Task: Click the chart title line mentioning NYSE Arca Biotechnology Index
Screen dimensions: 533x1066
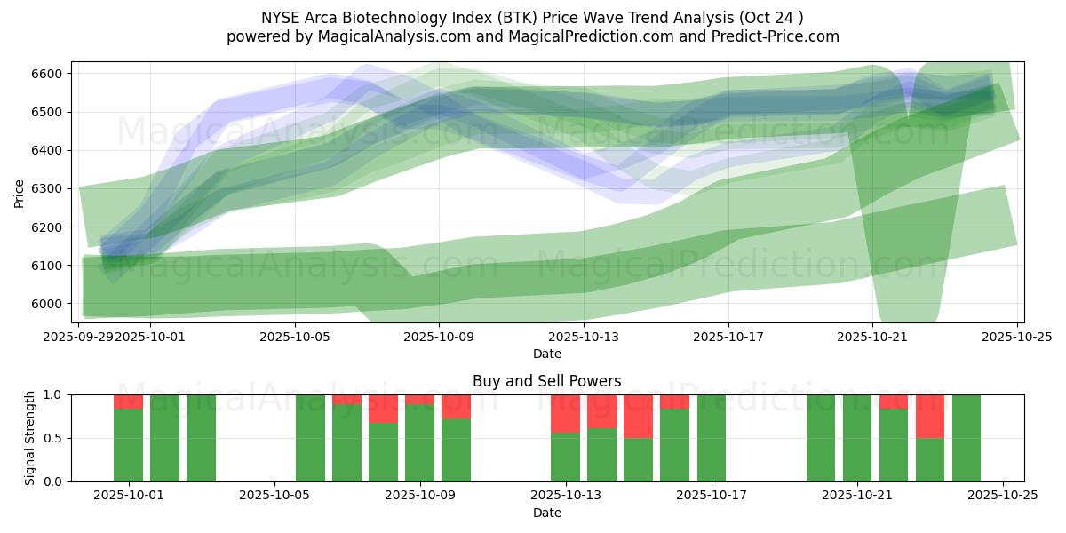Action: click(x=532, y=17)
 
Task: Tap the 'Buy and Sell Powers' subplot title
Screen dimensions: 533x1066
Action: click(x=546, y=381)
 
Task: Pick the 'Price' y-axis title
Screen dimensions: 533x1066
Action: click(x=20, y=192)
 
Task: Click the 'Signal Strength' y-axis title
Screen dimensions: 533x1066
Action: click(x=30, y=438)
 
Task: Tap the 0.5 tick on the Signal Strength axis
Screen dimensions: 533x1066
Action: click(x=52, y=438)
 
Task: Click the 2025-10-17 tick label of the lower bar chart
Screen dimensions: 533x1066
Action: click(x=712, y=496)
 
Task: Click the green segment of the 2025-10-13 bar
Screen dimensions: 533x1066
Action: click(x=565, y=457)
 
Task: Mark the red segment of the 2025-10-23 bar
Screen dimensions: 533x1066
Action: click(x=929, y=416)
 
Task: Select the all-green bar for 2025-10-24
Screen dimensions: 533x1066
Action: click(x=966, y=438)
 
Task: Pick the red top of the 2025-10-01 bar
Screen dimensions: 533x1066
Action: click(x=128, y=402)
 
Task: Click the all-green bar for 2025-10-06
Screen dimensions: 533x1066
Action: click(x=310, y=438)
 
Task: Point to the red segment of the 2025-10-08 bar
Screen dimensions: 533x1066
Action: click(x=383, y=409)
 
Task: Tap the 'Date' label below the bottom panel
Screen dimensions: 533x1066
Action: click(x=546, y=513)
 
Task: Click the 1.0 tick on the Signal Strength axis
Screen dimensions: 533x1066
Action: click(x=52, y=394)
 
